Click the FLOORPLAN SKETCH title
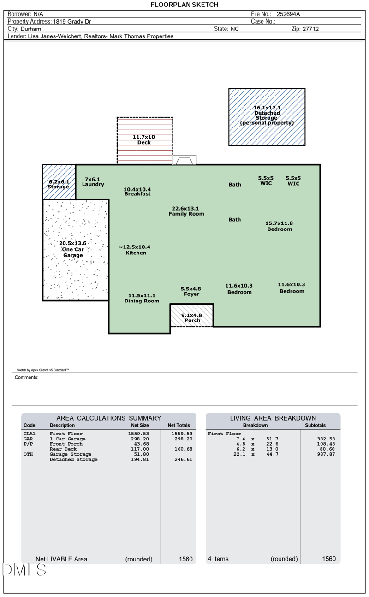(x=184, y=5)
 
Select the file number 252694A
(x=288, y=14)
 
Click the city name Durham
(x=31, y=29)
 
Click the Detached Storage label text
(x=267, y=115)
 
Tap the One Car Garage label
(x=73, y=249)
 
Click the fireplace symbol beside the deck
(x=184, y=160)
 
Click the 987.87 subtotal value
(x=326, y=454)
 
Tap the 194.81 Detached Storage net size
(x=140, y=459)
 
